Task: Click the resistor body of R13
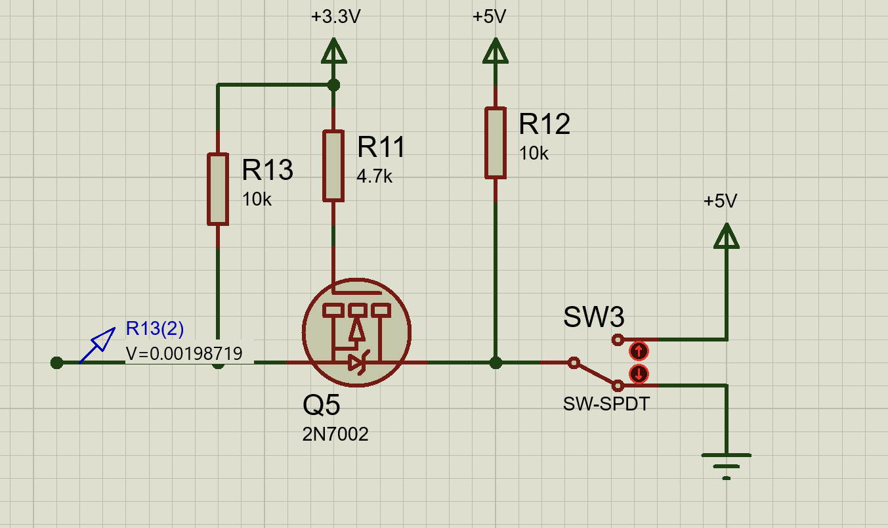pos(218,189)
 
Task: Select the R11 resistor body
pos(333,165)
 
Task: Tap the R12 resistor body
pos(495,143)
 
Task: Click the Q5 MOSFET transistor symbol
pos(356,332)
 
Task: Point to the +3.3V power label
pos(336,16)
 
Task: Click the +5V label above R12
pos(489,16)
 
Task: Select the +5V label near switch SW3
pos(720,201)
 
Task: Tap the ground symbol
pos(727,466)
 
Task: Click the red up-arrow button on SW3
pos(639,351)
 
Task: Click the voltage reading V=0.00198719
pos(184,353)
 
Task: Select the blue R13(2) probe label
pos(155,328)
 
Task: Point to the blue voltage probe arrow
pos(98,345)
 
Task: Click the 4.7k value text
pos(374,176)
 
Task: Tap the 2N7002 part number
pos(335,434)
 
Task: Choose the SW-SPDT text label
pos(606,405)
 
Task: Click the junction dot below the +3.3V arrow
pos(333,85)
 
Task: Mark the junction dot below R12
pos(495,363)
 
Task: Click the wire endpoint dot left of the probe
pos(56,363)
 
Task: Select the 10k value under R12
pos(534,153)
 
